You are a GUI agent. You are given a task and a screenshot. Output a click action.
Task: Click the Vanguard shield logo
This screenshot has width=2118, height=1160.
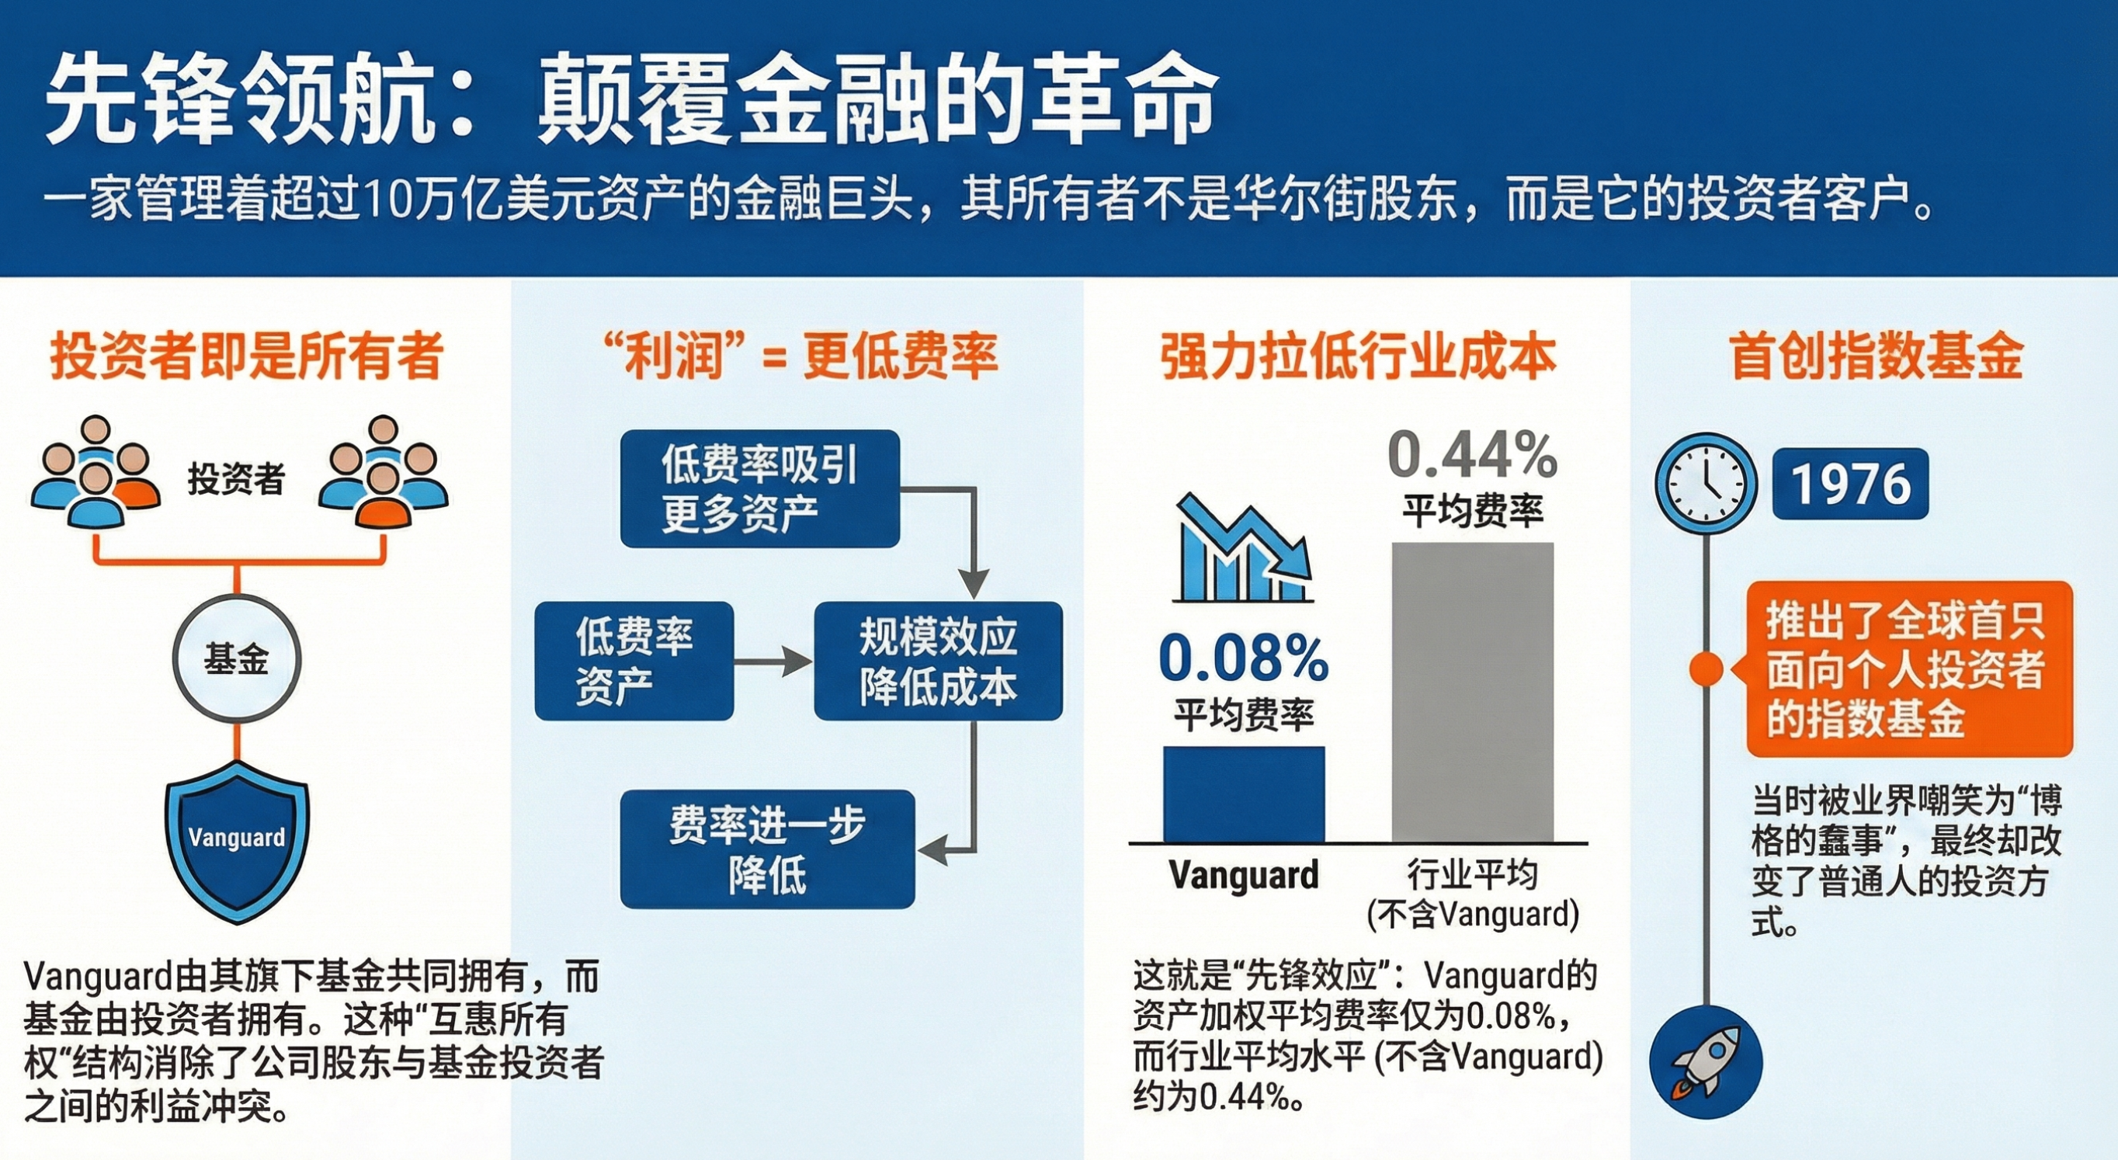(x=238, y=841)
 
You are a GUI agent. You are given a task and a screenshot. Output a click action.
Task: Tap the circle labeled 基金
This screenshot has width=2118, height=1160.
(x=237, y=659)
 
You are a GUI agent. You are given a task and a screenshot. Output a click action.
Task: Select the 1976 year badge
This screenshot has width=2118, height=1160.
(x=1850, y=484)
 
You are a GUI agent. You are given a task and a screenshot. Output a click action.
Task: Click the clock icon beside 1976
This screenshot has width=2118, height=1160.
(x=1706, y=484)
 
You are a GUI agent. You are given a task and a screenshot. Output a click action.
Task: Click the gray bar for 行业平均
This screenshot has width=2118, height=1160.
(x=1473, y=693)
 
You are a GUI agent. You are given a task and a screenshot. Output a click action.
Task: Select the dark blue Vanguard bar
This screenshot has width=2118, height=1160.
(x=1243, y=794)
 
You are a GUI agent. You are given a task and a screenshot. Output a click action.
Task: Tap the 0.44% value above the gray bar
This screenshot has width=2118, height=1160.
(x=1473, y=455)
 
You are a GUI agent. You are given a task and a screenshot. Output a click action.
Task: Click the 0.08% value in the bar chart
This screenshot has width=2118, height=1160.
(x=1243, y=658)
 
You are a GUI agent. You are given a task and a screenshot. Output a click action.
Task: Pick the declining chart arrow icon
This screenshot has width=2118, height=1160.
(x=1243, y=547)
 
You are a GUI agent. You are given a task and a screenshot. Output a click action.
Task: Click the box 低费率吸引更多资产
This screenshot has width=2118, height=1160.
(x=760, y=488)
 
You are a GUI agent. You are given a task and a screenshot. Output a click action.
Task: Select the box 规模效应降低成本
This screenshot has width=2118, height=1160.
(x=938, y=661)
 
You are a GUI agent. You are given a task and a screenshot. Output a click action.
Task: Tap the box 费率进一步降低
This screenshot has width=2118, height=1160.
(x=767, y=849)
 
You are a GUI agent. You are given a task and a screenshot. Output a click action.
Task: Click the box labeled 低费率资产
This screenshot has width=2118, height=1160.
(x=634, y=661)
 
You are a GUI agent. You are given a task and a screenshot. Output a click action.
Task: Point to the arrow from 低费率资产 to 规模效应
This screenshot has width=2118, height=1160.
(x=773, y=661)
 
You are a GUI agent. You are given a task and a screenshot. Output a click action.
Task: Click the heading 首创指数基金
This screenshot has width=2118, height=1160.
(x=1876, y=356)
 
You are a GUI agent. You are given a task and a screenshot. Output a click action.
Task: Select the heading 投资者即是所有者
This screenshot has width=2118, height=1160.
(x=247, y=356)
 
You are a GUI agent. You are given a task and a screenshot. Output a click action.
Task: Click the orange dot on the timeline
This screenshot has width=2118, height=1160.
(x=1706, y=669)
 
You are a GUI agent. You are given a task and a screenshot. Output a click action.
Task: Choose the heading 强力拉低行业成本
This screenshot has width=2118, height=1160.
(x=1358, y=356)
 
